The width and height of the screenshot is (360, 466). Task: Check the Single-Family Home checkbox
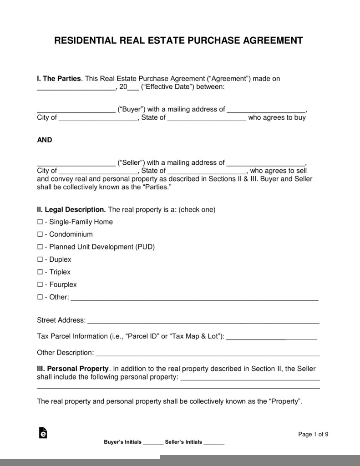pyautogui.click(x=40, y=222)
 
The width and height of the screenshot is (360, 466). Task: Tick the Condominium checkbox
pyautogui.click(x=40, y=235)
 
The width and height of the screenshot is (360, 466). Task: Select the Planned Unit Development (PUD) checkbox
pyautogui.click(x=40, y=247)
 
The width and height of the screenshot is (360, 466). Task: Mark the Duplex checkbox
pyautogui.click(x=40, y=260)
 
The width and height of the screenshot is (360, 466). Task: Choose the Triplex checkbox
pyautogui.click(x=40, y=272)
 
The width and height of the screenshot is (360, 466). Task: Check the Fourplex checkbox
pyautogui.click(x=40, y=285)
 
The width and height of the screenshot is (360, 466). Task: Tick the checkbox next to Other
pyautogui.click(x=40, y=298)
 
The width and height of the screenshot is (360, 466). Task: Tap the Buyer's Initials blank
pyautogui.click(x=153, y=443)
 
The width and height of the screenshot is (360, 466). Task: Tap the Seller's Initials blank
pyautogui.click(x=214, y=443)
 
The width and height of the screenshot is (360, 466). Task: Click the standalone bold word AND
pyautogui.click(x=45, y=140)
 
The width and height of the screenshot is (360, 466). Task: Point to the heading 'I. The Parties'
pyautogui.click(x=59, y=79)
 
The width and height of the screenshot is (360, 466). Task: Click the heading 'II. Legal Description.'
pyautogui.click(x=71, y=210)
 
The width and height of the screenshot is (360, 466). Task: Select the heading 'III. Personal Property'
pyautogui.click(x=73, y=369)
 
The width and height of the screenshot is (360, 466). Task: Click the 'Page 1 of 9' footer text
pyautogui.click(x=313, y=434)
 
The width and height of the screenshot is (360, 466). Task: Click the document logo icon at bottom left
pyautogui.click(x=43, y=433)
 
